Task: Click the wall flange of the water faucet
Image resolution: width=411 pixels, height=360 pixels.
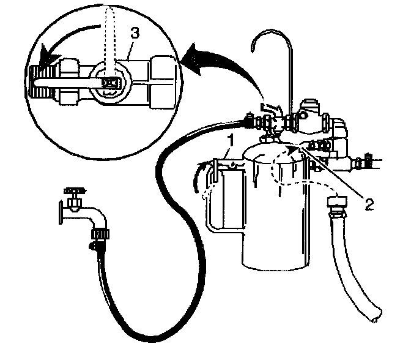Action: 59,211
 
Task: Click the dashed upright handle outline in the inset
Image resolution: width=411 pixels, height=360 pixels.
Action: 109,37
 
